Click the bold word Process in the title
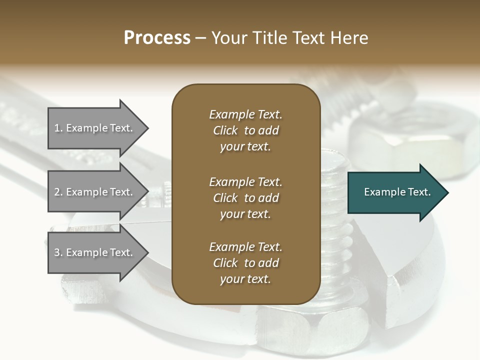(157, 38)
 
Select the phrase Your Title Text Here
(289, 38)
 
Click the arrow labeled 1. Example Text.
(95, 128)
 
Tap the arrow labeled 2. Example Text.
(95, 192)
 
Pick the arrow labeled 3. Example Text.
(95, 252)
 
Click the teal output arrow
(395, 192)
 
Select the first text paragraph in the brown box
(245, 130)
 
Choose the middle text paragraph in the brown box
(245, 197)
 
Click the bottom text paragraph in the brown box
(245, 263)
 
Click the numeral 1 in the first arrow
(57, 128)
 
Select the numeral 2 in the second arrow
(57, 192)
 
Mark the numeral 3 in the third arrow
(57, 252)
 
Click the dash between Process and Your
(201, 38)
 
